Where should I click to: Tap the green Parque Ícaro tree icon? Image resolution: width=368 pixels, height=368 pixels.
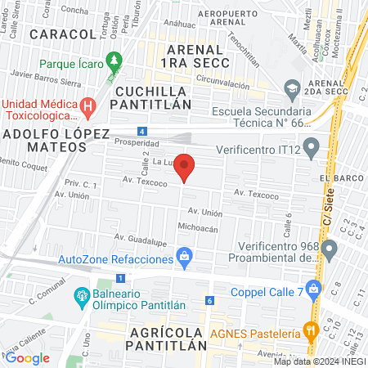click(115, 61)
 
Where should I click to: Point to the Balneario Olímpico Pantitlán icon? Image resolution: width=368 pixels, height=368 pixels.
click(81, 295)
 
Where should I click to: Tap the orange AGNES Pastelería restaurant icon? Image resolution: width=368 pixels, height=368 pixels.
click(310, 331)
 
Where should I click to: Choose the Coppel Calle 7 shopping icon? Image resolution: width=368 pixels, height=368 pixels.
click(312, 298)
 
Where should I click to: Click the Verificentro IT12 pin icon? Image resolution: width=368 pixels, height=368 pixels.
click(311, 148)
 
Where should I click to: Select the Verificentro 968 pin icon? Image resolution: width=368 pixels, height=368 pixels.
click(330, 248)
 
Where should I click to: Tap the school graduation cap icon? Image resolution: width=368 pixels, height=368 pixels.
click(291, 88)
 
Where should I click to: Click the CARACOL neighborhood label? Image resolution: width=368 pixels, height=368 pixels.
click(61, 34)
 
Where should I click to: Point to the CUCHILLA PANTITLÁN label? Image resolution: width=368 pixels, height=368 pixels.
click(153, 97)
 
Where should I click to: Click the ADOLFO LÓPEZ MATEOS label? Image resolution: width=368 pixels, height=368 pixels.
click(44, 139)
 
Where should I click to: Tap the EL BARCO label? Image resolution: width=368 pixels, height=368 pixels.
click(335, 177)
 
